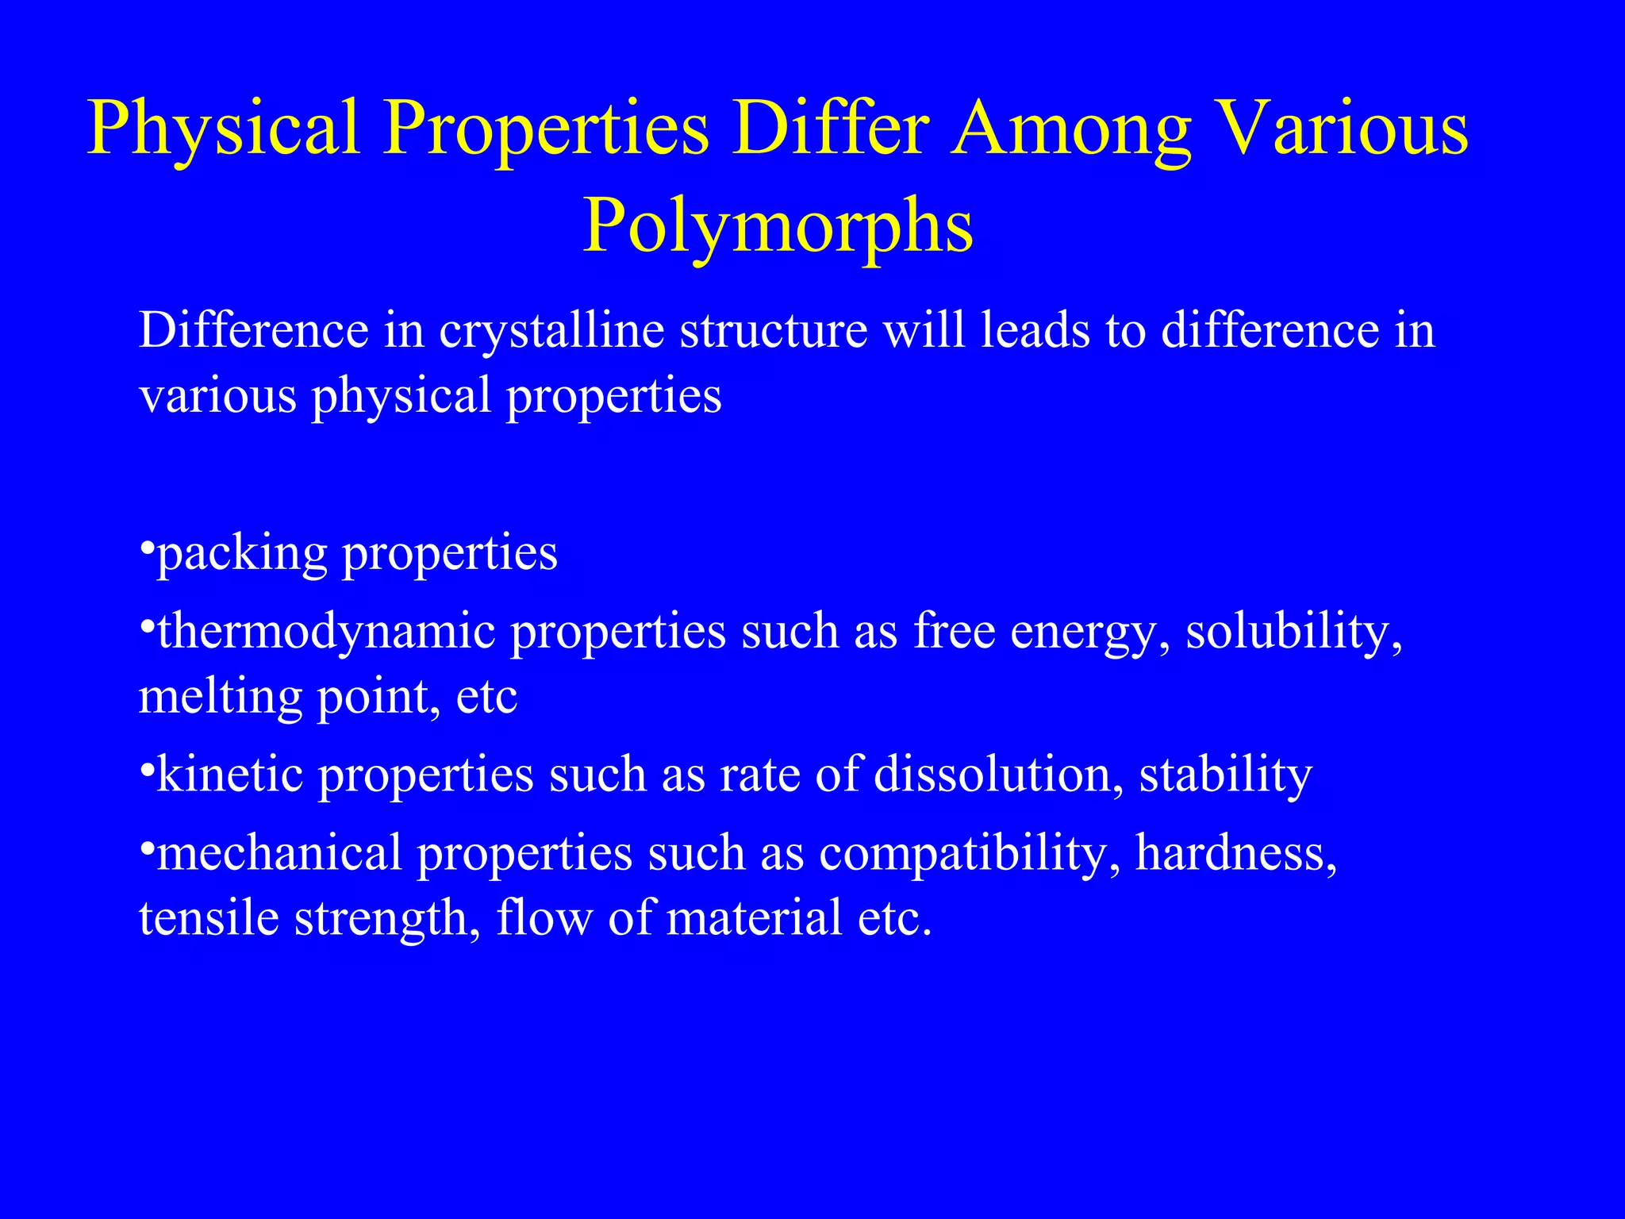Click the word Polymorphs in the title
coord(778,227)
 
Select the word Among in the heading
coord(1072,129)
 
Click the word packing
coord(242,554)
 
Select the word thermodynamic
coord(326,633)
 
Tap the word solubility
coord(1293,633)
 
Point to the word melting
coord(221,698)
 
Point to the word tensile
coord(209,918)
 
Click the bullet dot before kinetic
coord(146,769)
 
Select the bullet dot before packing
coord(146,548)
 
